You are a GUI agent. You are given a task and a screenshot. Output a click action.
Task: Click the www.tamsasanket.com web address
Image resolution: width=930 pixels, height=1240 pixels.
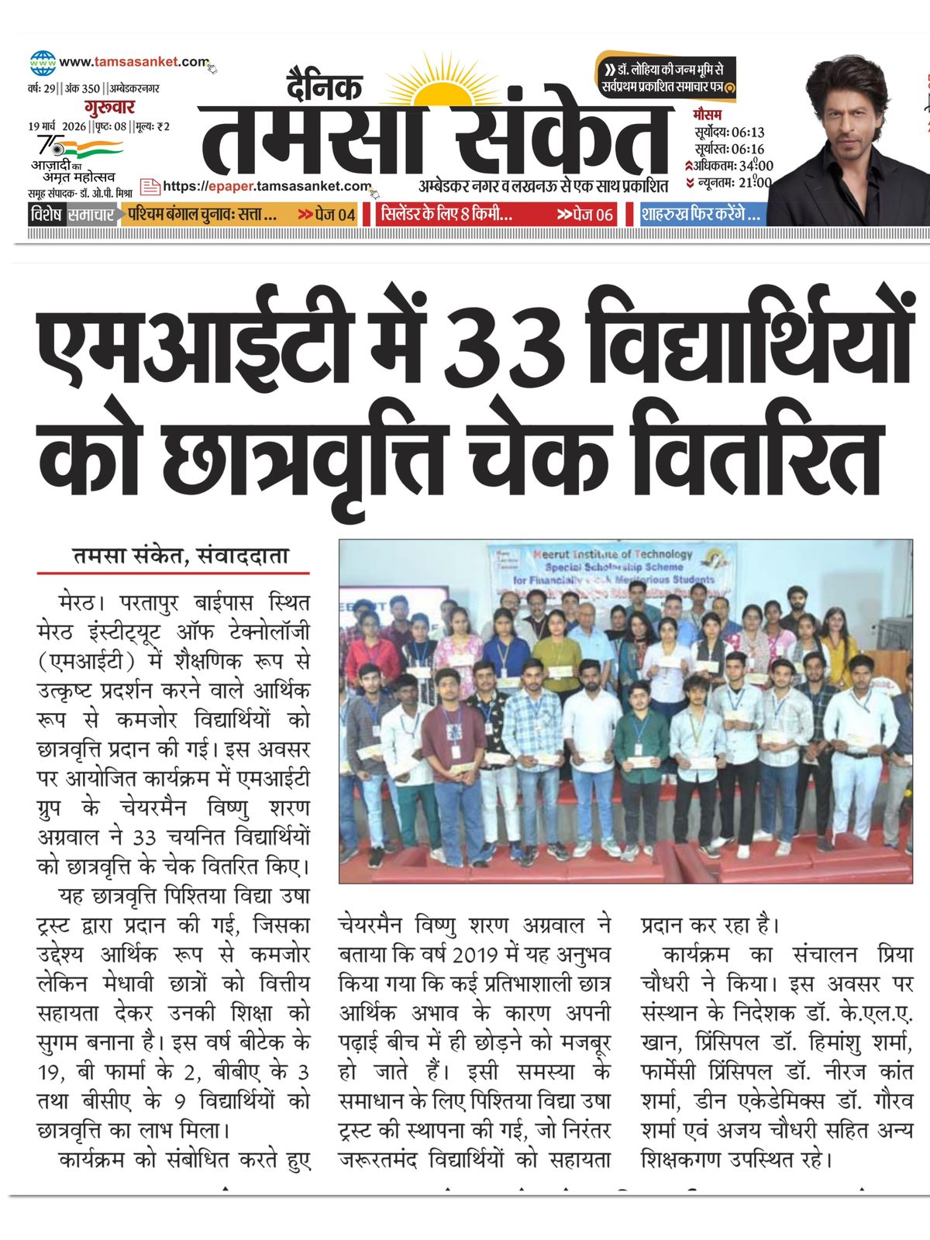point(133,62)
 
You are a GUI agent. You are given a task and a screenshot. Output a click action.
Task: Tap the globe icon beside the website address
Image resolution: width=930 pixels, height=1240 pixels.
point(43,63)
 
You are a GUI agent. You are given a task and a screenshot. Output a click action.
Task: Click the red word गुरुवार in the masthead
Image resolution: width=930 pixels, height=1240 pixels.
point(109,107)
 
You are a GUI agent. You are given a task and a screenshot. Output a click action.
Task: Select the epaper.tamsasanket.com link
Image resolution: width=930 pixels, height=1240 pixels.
point(267,186)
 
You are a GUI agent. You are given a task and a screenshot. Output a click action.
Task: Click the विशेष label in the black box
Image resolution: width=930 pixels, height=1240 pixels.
point(47,215)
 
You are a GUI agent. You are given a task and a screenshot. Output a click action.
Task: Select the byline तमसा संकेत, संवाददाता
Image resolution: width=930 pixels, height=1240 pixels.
point(181,556)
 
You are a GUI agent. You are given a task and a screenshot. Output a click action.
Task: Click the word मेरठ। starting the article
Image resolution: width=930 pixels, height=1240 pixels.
point(78,602)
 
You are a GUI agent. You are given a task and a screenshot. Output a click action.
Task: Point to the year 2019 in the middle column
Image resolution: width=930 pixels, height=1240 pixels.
point(474,955)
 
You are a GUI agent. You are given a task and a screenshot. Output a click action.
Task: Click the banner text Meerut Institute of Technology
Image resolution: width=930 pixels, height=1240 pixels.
point(612,554)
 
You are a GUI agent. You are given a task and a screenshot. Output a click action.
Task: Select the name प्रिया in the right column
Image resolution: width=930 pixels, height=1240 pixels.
point(895,955)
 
